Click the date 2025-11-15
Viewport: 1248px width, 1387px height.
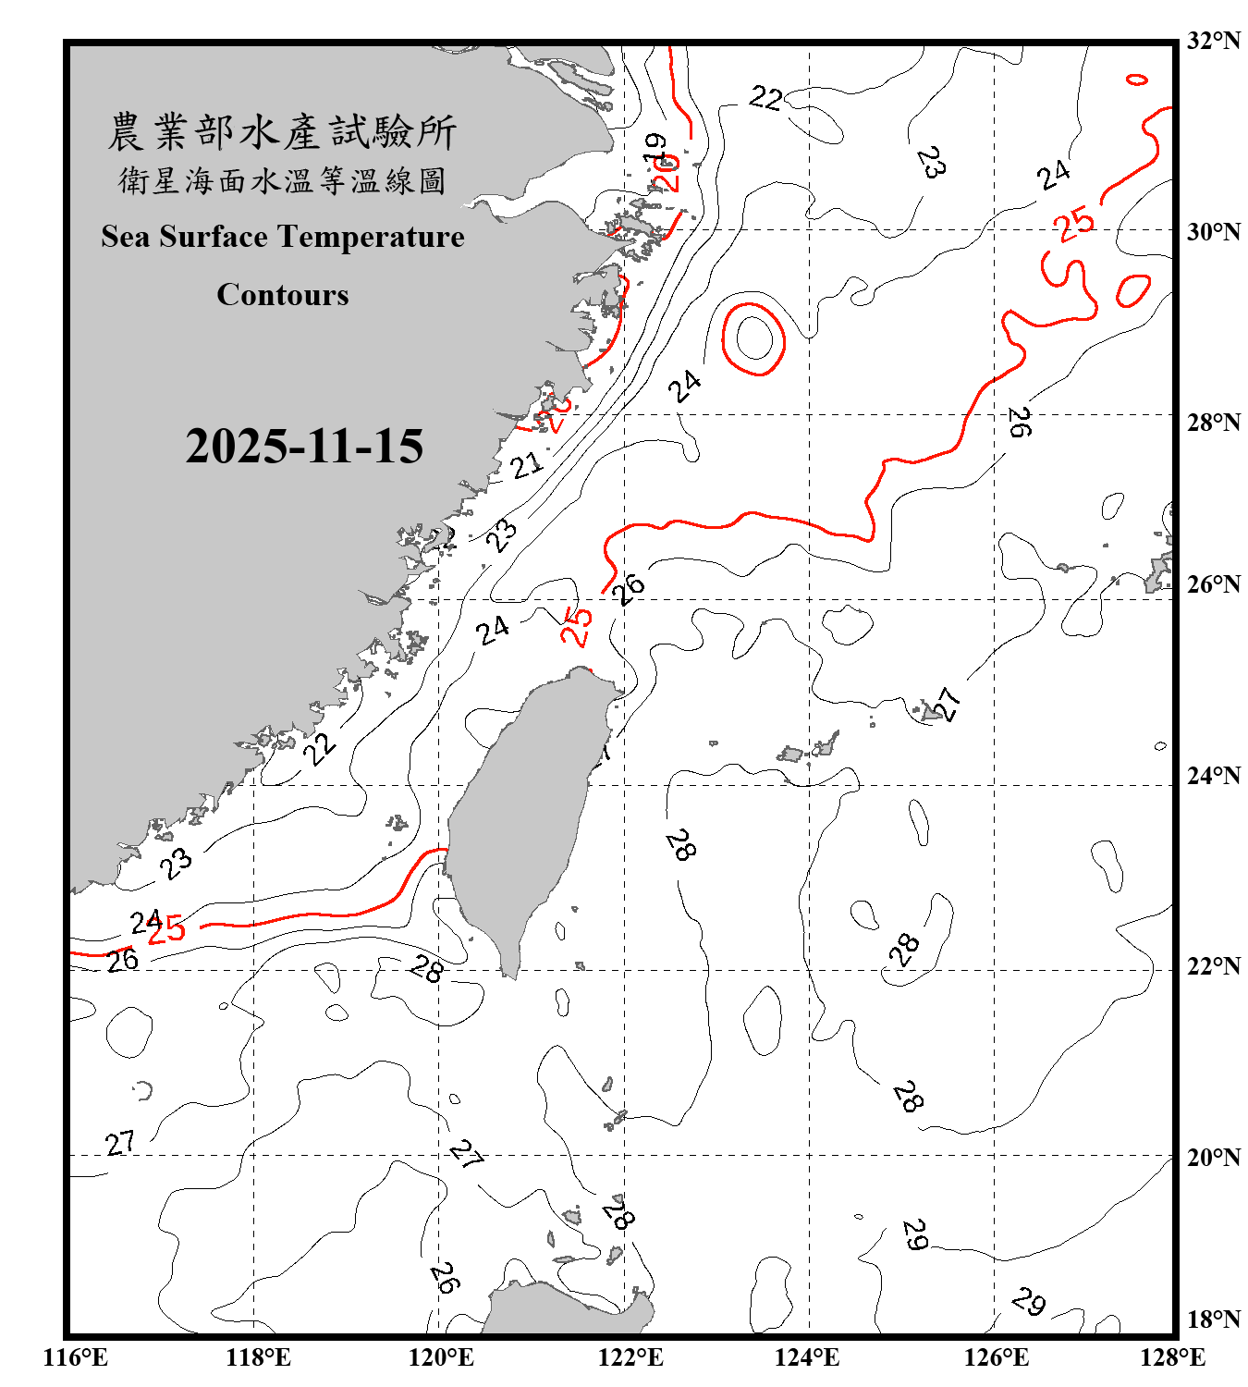[304, 447]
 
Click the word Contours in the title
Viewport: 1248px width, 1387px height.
[283, 295]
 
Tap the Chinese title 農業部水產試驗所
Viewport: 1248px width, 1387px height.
[282, 132]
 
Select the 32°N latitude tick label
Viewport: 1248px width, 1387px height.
[1213, 41]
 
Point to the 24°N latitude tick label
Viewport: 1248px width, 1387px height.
[1213, 775]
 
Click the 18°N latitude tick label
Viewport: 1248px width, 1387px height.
[1213, 1319]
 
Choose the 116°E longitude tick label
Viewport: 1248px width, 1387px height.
[76, 1357]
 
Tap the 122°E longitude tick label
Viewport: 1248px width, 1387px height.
[630, 1357]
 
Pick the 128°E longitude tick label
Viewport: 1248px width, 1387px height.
[1172, 1357]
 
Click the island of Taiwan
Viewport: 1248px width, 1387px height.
[522, 814]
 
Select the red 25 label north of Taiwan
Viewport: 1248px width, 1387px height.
[576, 626]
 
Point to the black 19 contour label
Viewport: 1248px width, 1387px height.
[655, 148]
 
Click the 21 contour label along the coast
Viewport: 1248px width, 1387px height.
[527, 464]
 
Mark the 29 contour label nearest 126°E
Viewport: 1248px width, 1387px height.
[1028, 1301]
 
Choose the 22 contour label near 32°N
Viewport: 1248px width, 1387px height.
[765, 97]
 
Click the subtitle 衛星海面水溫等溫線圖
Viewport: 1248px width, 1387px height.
[282, 181]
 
